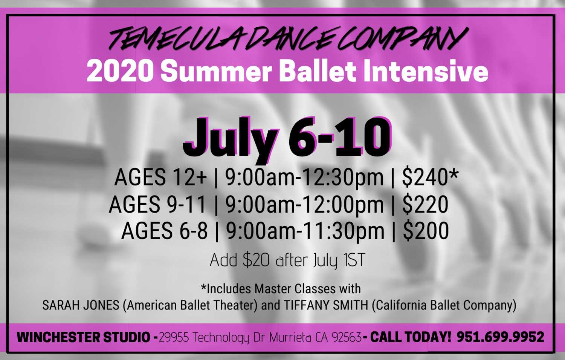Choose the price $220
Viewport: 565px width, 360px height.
(425, 204)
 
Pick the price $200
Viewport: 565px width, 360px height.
(426, 231)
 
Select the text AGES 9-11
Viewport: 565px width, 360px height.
(158, 204)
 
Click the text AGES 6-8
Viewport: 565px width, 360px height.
(164, 231)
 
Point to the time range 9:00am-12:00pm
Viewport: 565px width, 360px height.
(304, 204)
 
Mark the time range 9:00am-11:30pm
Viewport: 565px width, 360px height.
(305, 231)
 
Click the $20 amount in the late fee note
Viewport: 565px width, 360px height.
(256, 260)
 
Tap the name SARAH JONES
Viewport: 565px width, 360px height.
(81, 305)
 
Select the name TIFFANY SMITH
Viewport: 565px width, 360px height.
(326, 305)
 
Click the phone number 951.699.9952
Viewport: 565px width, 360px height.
(500, 337)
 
